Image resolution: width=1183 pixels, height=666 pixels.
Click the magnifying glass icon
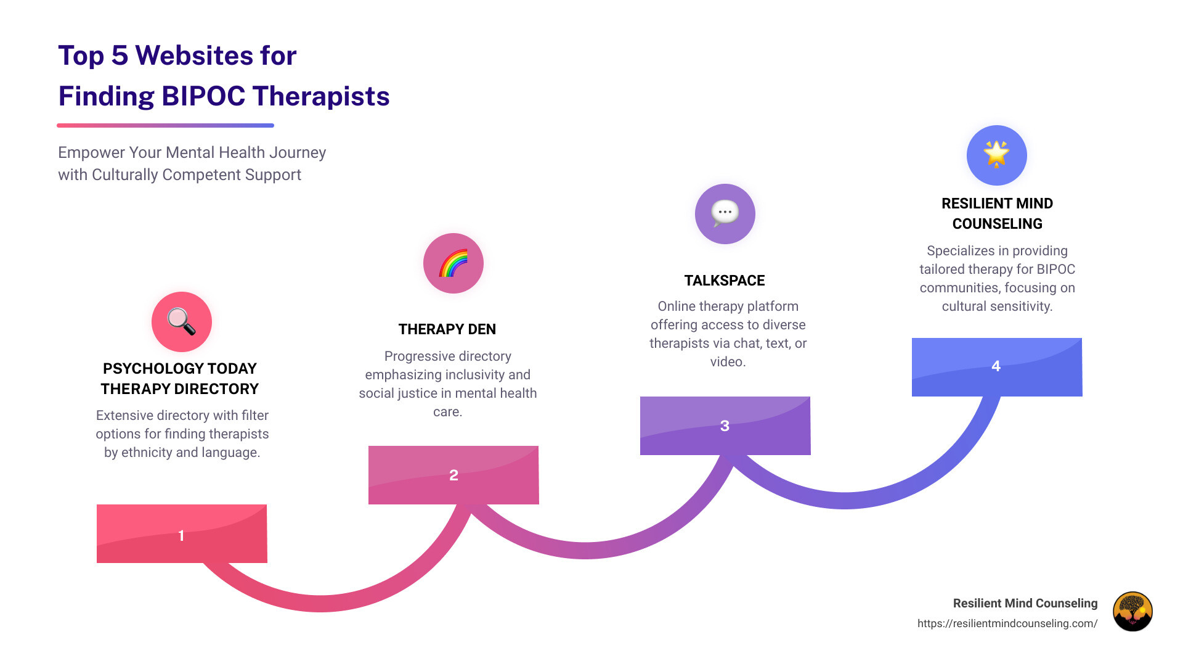181,321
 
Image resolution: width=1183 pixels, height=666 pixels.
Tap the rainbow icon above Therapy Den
453,263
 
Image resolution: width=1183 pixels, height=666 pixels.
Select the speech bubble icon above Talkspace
725,213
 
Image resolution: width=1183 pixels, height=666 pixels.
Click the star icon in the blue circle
996,154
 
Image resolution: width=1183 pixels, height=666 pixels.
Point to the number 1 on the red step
181,535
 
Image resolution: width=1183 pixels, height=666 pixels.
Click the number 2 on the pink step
453,475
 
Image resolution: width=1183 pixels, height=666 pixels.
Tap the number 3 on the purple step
725,425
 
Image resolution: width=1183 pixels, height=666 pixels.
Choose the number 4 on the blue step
996,366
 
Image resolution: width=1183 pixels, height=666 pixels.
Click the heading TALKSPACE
724,281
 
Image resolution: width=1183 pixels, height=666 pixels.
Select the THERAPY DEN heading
447,329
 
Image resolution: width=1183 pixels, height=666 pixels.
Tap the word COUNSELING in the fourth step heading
997,224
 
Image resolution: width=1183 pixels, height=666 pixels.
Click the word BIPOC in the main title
203,96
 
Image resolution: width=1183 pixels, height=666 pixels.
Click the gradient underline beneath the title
165,125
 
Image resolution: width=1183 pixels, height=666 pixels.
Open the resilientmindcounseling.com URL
1007,623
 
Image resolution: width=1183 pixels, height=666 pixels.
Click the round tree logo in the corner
1132,611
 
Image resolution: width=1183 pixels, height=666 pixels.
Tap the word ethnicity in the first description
146,453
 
